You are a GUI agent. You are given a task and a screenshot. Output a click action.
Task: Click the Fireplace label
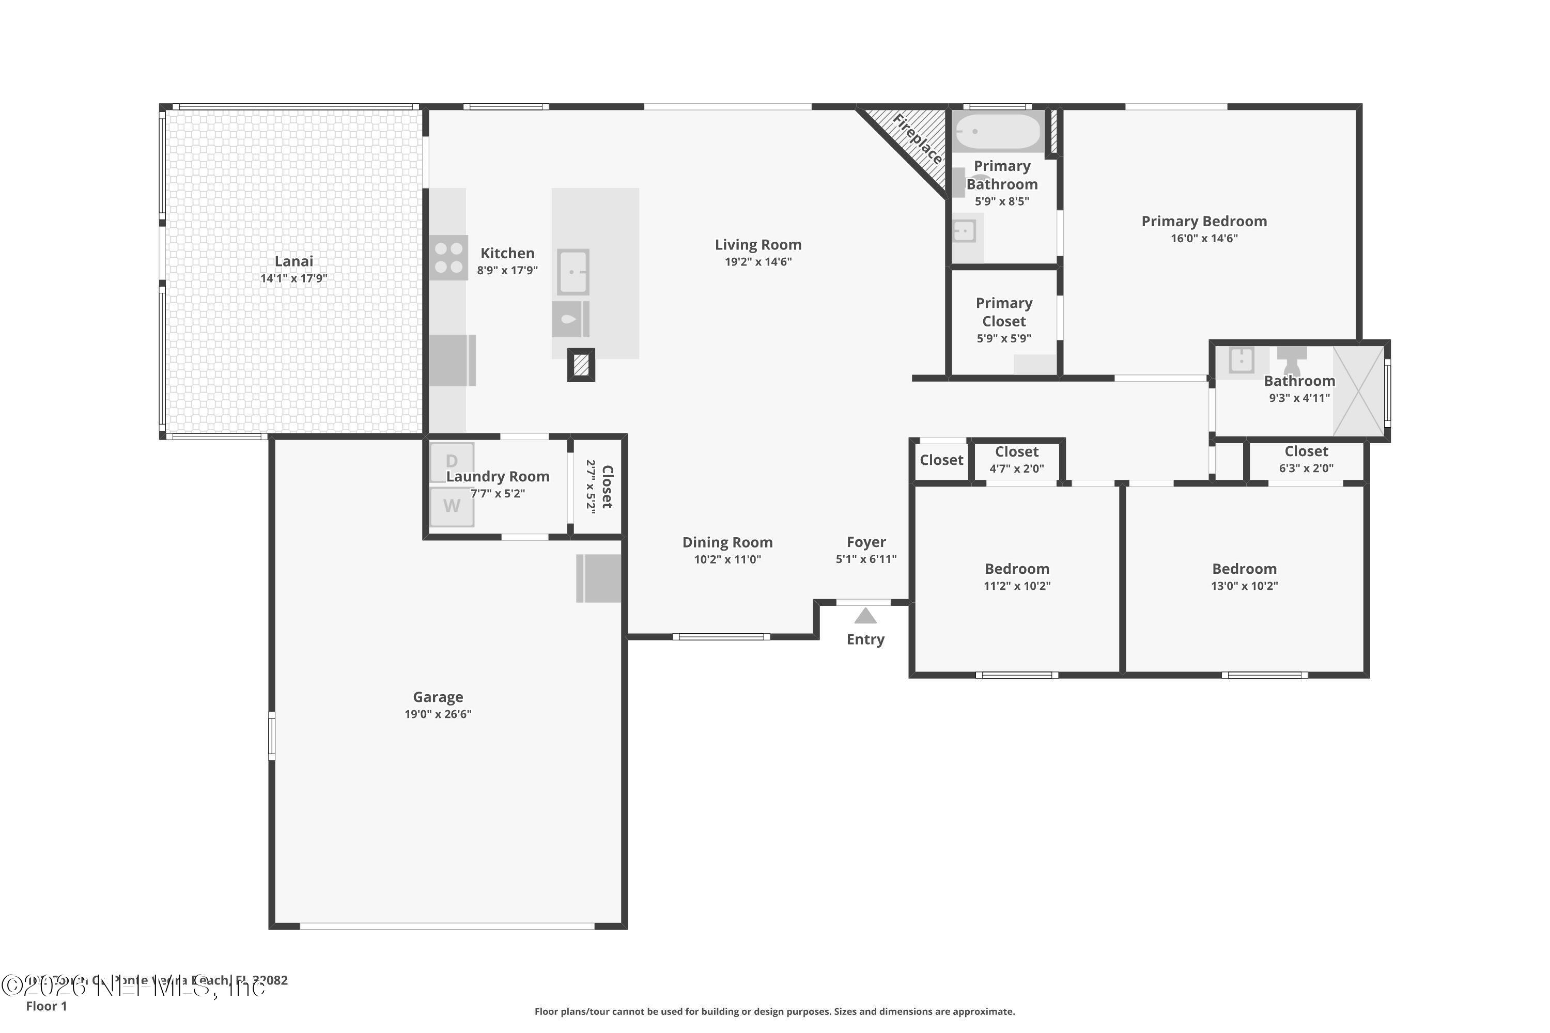[918, 139]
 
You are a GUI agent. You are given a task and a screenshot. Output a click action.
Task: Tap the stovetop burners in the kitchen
[449, 258]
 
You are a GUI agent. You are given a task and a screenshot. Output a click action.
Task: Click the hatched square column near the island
[581, 365]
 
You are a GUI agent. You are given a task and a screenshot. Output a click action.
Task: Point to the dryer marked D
[452, 462]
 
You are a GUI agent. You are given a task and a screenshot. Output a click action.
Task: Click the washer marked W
[452, 506]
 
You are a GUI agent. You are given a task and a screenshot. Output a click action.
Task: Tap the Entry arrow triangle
[865, 617]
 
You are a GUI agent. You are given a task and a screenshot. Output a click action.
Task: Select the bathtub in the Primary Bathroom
[998, 131]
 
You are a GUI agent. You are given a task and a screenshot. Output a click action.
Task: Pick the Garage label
[438, 697]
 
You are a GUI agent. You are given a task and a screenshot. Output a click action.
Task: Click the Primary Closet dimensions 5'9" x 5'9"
[1004, 339]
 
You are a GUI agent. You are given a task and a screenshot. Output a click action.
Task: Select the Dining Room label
[727, 543]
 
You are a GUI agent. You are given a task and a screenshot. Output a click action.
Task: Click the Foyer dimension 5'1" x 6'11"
[866, 559]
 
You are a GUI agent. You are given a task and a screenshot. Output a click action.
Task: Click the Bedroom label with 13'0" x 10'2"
[1244, 569]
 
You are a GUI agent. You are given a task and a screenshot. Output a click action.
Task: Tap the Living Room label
[758, 245]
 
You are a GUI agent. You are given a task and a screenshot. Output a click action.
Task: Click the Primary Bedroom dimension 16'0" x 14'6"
[1204, 239]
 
